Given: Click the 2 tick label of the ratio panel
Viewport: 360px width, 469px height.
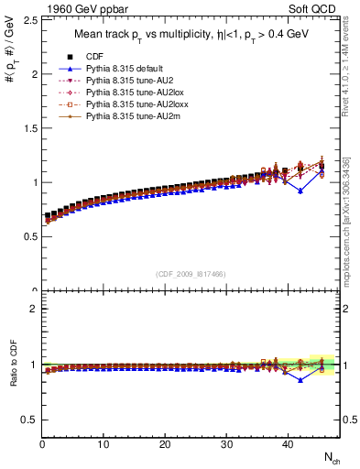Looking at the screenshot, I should (x=30, y=309).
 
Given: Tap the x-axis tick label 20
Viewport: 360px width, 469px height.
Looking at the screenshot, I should (x=165, y=445).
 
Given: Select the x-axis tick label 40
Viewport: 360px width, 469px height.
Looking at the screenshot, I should (x=288, y=445).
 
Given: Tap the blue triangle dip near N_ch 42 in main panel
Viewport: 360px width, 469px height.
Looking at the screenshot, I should (x=300, y=191).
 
